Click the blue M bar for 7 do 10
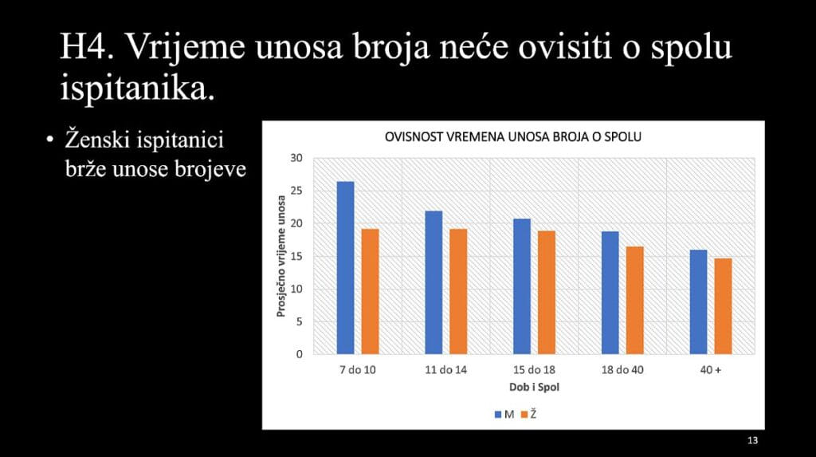coord(345,268)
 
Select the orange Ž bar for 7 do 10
coord(370,292)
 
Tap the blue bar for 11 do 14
coord(433,282)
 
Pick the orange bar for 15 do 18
coord(547,293)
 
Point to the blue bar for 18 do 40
coord(610,293)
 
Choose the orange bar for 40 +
coord(723,306)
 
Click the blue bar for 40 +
coord(698,302)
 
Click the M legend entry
coord(504,415)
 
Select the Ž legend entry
coord(529,414)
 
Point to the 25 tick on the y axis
coord(296,191)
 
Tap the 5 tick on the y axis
coord(299,321)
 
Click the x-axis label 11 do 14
coord(446,370)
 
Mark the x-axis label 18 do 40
coord(622,370)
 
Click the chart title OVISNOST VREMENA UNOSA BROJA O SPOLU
coord(512,137)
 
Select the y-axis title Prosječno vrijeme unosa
coord(281,256)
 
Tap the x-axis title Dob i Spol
coord(534,387)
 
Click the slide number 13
coord(752,440)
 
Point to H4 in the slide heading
coord(86,46)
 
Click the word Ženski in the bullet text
coord(97,140)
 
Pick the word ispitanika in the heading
coord(137,89)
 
